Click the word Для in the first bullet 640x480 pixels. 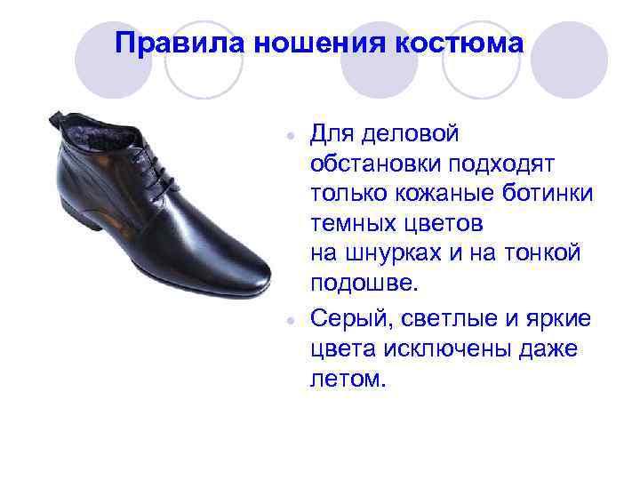tap(330, 134)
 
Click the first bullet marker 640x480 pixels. tap(290, 138)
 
